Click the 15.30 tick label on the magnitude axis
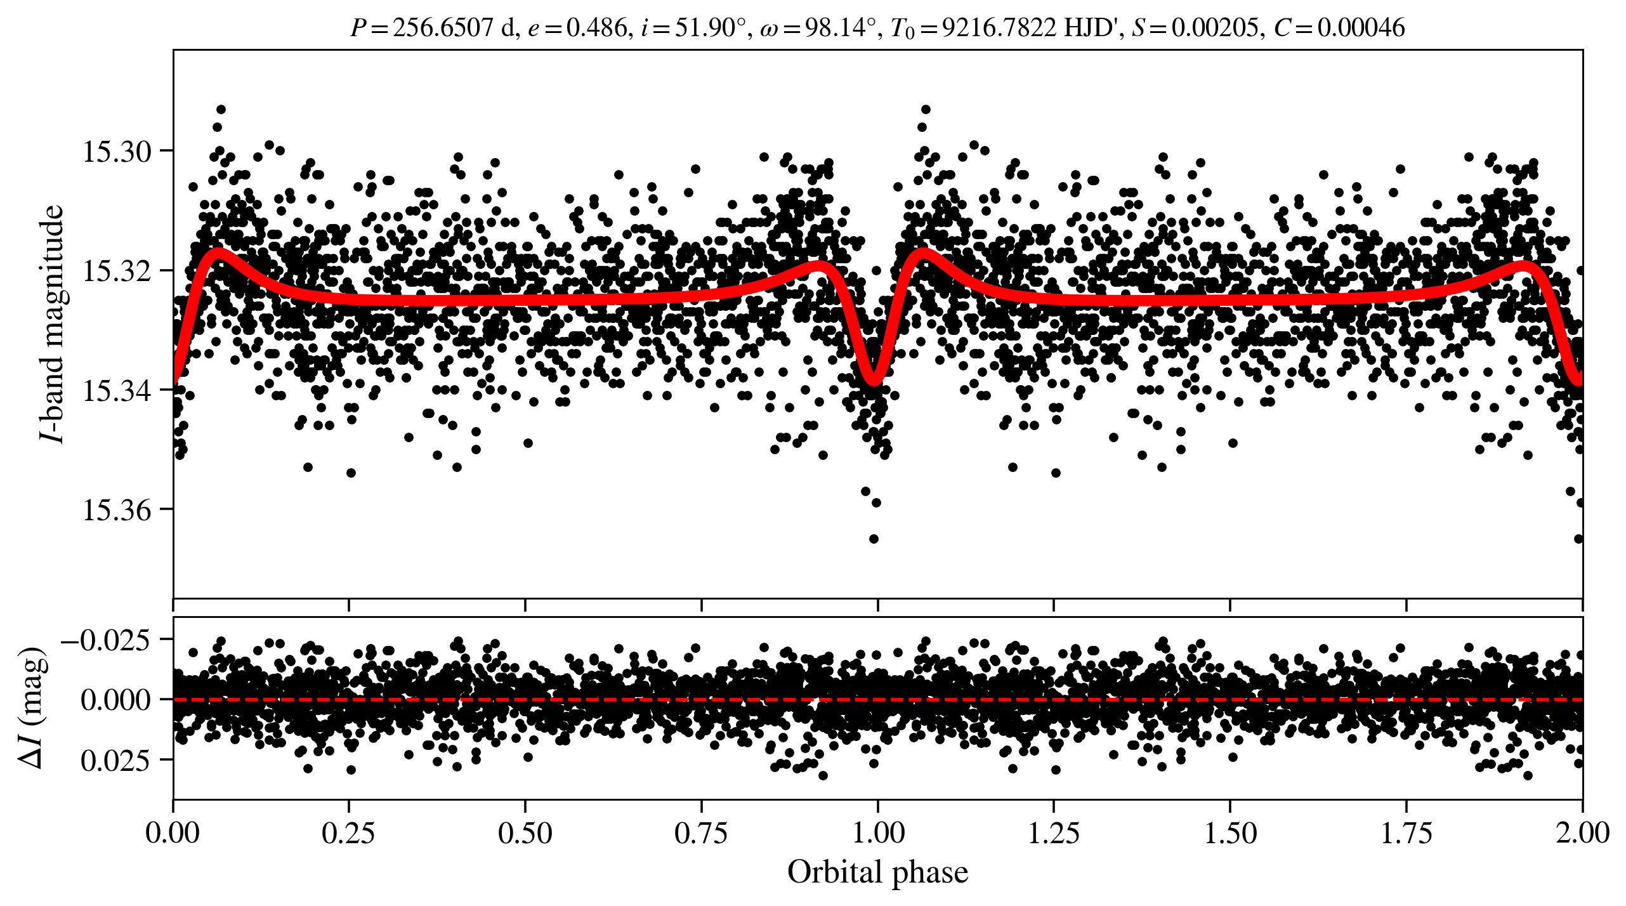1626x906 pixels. [117, 152]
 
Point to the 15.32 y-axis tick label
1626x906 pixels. [117, 272]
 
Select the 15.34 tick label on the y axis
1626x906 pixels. [117, 391]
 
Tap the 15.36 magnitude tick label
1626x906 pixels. [117, 510]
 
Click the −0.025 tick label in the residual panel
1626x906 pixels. [106, 640]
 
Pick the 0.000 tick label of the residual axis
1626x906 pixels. [115, 700]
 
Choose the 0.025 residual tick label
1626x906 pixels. [115, 760]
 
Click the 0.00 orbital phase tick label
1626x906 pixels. [173, 832]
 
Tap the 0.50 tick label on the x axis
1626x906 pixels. [525, 832]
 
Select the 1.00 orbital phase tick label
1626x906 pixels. [878, 832]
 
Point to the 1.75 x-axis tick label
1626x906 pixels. [1406, 832]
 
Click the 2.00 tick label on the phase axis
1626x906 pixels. [1582, 832]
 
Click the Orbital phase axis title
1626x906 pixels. [878, 872]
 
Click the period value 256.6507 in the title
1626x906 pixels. [442, 28]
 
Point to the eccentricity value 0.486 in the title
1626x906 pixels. [596, 28]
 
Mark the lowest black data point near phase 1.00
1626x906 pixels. [874, 539]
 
